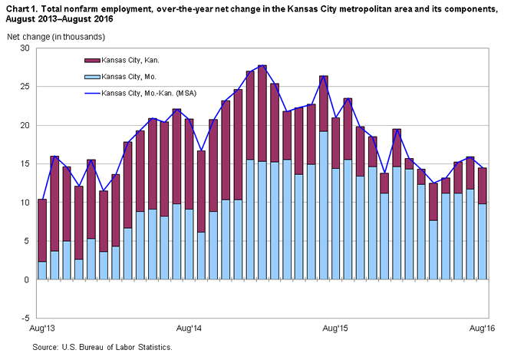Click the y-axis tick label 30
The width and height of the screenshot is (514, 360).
pos(24,48)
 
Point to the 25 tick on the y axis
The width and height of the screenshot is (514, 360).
pos(24,87)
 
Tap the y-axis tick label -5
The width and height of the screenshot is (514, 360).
pos(24,318)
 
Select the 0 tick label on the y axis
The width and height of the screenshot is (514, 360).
pos(26,279)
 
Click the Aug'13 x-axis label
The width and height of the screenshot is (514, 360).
pos(42,329)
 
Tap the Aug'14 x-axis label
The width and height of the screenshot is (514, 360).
pos(189,329)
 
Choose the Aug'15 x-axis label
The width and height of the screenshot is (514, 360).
pos(335,329)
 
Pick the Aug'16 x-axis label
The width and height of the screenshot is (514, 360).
pos(482,329)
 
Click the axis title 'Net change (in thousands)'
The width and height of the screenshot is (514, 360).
pos(49,37)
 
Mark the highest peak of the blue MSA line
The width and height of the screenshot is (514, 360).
pos(262,66)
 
